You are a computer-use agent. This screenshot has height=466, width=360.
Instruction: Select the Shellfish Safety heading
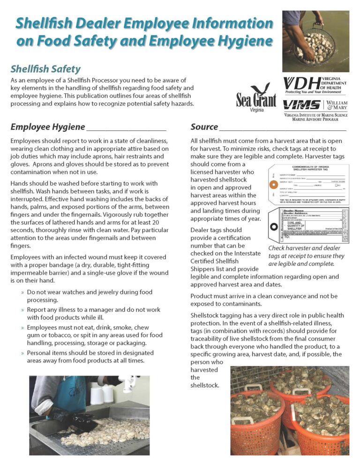[45, 69]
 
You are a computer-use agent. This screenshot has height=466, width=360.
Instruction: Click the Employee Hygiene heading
[48, 127]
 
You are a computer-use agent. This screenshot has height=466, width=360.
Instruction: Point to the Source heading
[204, 127]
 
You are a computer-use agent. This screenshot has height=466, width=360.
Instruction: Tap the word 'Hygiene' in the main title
[240, 41]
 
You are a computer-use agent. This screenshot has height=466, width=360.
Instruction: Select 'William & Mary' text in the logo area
[337, 105]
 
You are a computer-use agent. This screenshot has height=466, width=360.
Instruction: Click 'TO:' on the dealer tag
[274, 238]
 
